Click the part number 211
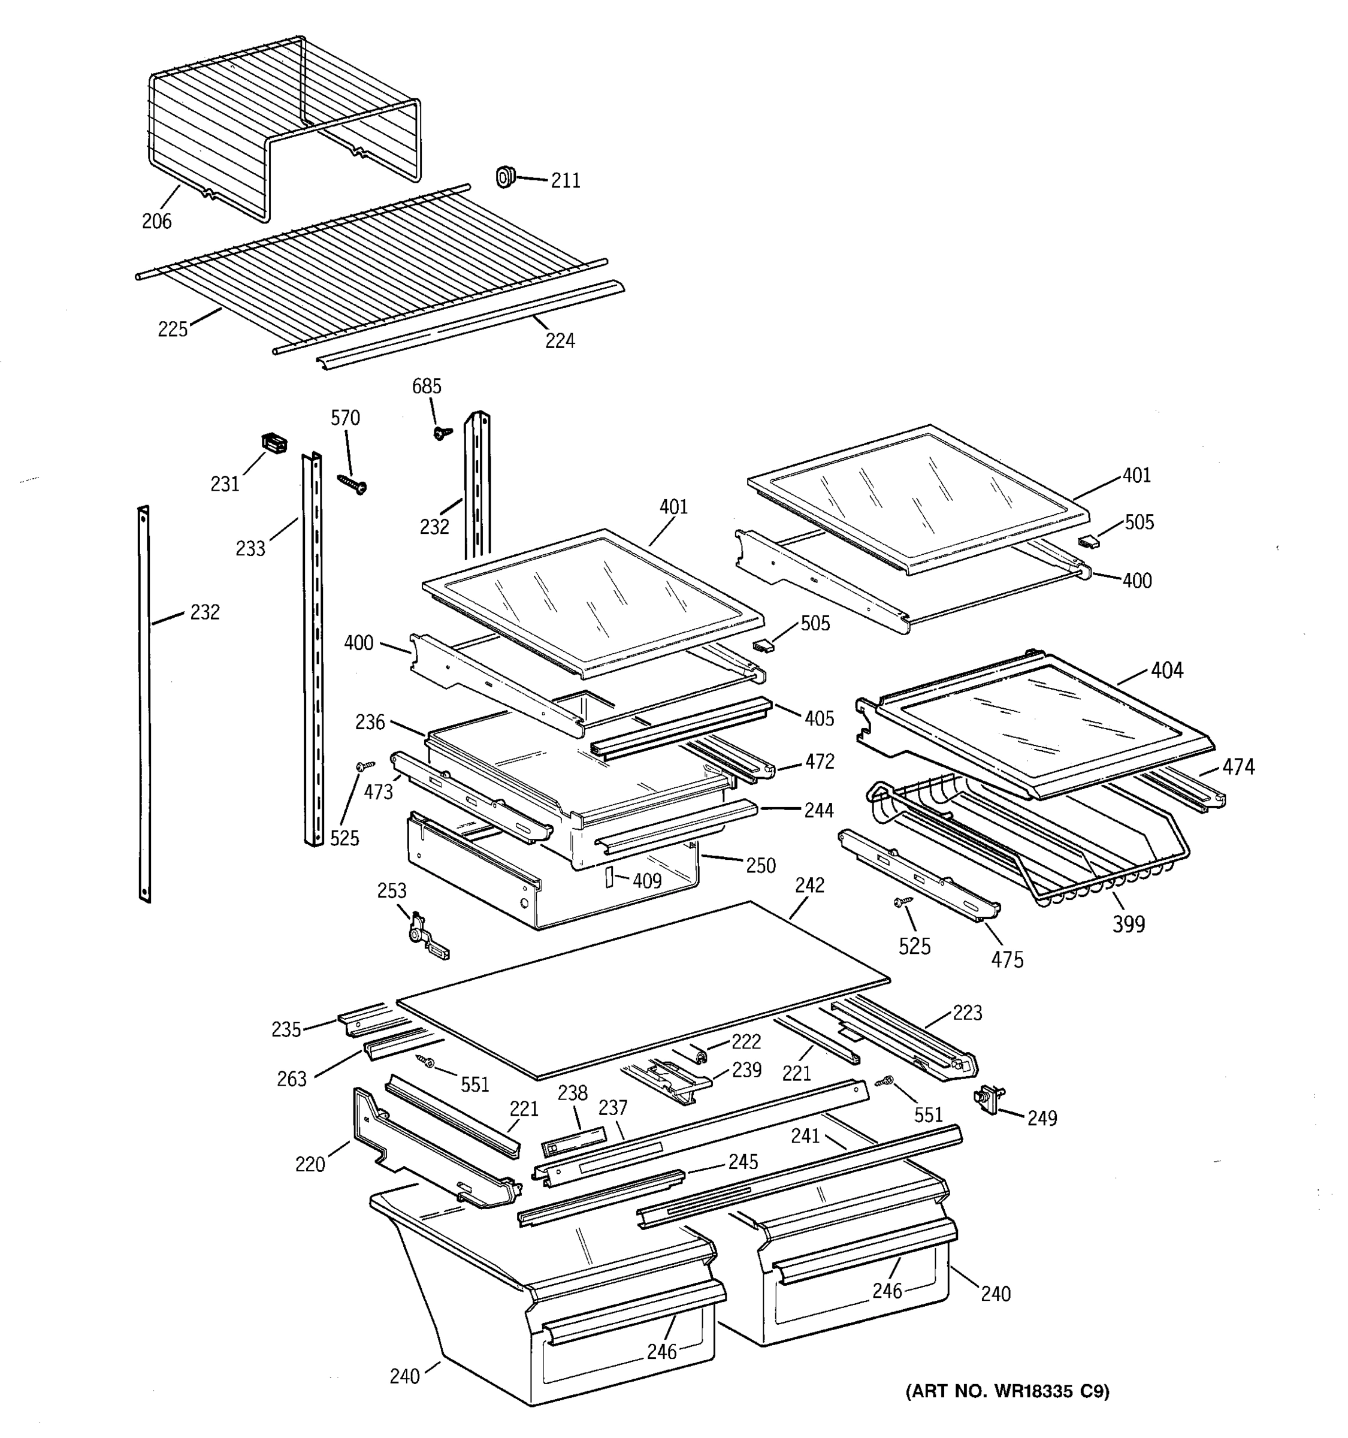click(x=566, y=181)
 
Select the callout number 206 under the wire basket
click(x=156, y=221)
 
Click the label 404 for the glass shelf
click(x=1166, y=670)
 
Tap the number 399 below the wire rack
click(x=1128, y=924)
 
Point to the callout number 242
click(x=809, y=886)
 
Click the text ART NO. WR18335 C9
click(x=1007, y=1391)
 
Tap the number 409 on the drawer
click(x=646, y=880)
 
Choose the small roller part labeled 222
click(x=699, y=1055)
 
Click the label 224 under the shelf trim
click(x=560, y=341)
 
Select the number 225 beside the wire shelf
click(x=173, y=329)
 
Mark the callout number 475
click(x=1007, y=960)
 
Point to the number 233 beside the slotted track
click(x=250, y=548)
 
